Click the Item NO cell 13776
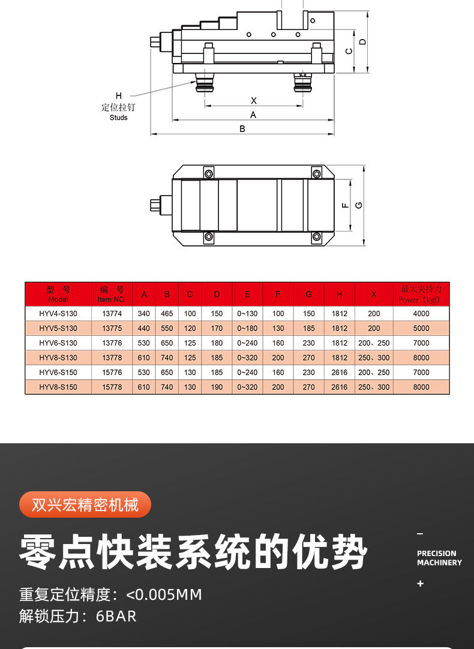pyautogui.click(x=112, y=343)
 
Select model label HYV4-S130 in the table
pyautogui.click(x=58, y=314)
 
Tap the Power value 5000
pyautogui.click(x=421, y=329)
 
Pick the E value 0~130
pyautogui.click(x=247, y=314)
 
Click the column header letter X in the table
pyautogui.click(x=374, y=295)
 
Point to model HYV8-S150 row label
pyautogui.click(x=58, y=387)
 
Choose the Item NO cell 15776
pyautogui.click(x=112, y=372)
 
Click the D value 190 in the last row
pyautogui.click(x=217, y=387)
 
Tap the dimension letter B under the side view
pyautogui.click(x=242, y=129)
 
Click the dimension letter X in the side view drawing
pyautogui.click(x=253, y=100)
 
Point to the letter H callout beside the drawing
pyautogui.click(x=119, y=96)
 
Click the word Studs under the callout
pyautogui.click(x=119, y=118)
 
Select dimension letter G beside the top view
pyautogui.click(x=359, y=205)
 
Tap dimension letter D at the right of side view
pyautogui.click(x=362, y=41)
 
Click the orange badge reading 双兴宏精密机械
pyautogui.click(x=85, y=505)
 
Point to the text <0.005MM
pyautogui.click(x=164, y=595)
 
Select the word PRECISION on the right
pyautogui.click(x=436, y=554)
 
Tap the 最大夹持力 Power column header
pyautogui.click(x=421, y=295)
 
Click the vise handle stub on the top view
pyautogui.click(x=155, y=206)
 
